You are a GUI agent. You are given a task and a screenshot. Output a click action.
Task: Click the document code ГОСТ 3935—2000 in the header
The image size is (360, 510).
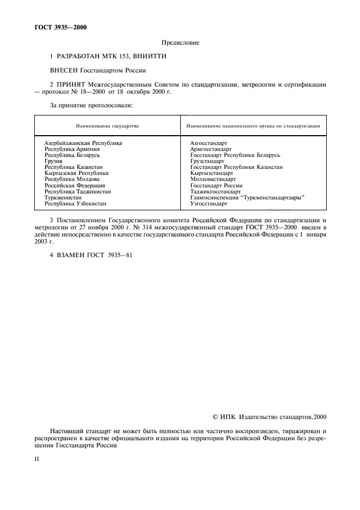56,27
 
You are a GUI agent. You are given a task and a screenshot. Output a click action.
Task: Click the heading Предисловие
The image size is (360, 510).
180,42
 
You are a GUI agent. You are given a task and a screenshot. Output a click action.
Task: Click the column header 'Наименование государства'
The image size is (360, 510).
107,126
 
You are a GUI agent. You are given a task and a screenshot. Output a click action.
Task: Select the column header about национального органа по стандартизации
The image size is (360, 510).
253,126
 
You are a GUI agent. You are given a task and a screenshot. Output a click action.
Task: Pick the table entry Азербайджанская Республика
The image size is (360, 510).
83,143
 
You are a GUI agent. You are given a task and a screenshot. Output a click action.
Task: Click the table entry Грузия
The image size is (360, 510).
53,161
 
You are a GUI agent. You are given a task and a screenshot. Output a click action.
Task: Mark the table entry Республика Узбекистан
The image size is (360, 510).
75,203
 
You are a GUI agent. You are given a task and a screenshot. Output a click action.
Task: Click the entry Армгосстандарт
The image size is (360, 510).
211,149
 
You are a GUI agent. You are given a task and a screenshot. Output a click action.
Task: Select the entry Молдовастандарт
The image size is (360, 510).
213,179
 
